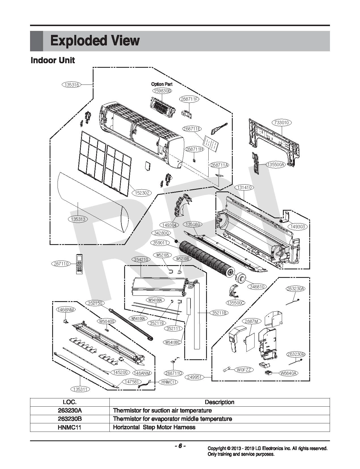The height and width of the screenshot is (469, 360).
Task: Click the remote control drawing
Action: coord(79,264)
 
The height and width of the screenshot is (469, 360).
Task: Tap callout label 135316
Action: coord(71,84)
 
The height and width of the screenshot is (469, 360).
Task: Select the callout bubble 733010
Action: coord(282,123)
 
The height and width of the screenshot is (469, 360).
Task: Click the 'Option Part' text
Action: coord(162,84)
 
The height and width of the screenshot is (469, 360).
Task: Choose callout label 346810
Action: coord(257,287)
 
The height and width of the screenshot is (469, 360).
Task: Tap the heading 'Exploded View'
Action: coord(95,41)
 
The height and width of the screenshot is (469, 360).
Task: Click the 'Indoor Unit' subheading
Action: coord(53,60)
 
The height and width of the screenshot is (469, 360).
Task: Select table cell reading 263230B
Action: coord(69,419)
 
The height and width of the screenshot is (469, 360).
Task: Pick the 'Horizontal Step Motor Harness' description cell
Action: coord(154,427)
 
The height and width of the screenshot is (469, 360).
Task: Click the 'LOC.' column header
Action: coord(69,402)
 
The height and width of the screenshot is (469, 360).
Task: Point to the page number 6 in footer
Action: coord(180,446)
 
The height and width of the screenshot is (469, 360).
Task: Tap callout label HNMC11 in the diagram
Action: coord(169,382)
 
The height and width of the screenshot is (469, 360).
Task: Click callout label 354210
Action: coord(141,260)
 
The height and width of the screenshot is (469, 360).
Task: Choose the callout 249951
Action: coord(194,377)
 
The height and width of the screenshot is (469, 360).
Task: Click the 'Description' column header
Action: coord(219,402)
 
